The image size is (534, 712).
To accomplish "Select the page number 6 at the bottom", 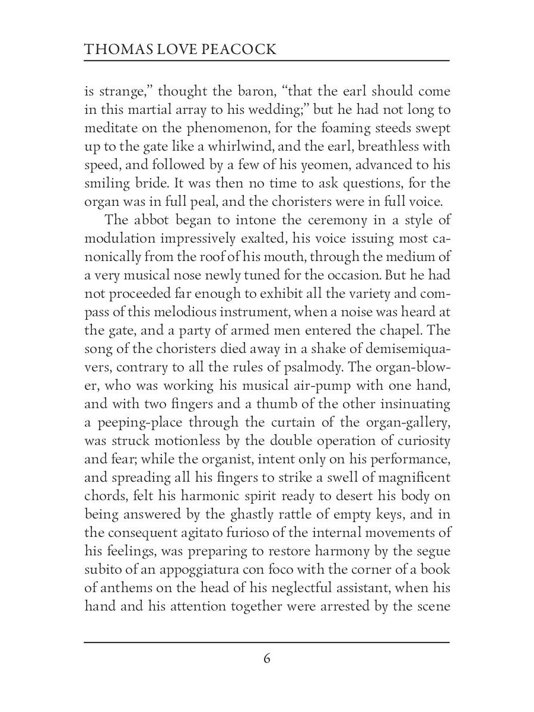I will (267, 659).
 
